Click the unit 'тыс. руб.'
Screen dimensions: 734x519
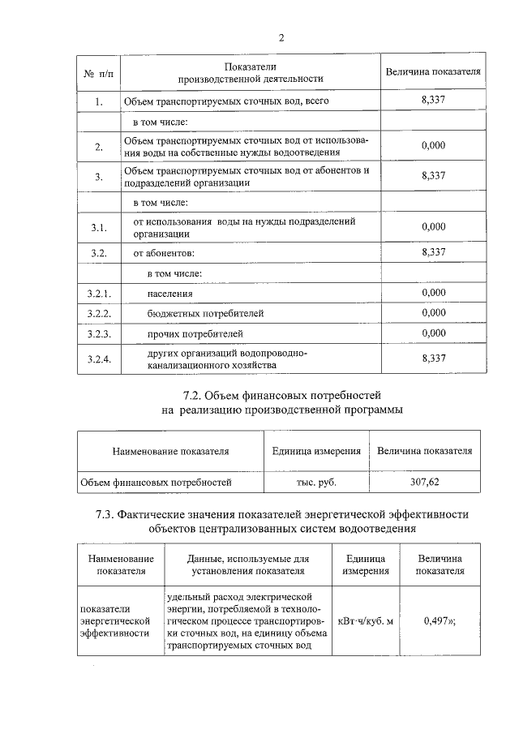coord(315,482)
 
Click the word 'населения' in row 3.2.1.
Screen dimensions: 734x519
coord(170,293)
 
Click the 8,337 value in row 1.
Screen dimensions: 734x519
coord(434,100)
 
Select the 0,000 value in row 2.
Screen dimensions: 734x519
coord(434,145)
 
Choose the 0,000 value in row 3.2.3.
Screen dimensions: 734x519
coord(434,333)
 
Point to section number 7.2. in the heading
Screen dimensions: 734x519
coord(199,396)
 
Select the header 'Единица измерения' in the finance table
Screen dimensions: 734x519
coord(315,451)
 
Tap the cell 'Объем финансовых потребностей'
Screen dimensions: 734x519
coord(156,482)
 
